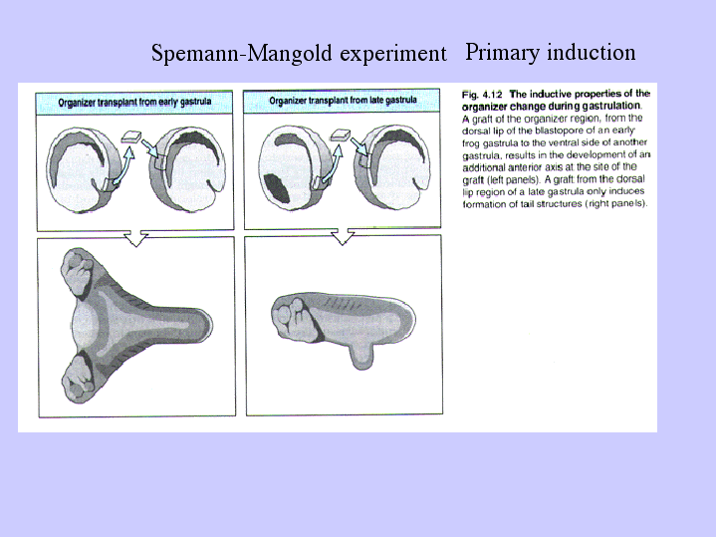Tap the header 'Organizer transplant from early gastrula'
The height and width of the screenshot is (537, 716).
pyautogui.click(x=134, y=102)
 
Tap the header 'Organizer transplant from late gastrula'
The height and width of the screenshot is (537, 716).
pyautogui.click(x=343, y=100)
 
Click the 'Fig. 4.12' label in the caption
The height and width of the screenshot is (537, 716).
pyautogui.click(x=482, y=95)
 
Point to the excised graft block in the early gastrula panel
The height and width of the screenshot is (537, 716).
pyautogui.click(x=131, y=136)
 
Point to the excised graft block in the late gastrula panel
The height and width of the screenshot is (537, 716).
pyautogui.click(x=341, y=134)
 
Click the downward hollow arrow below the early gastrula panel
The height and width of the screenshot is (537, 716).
pyautogui.click(x=136, y=238)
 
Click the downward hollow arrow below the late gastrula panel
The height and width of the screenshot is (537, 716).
pyautogui.click(x=343, y=236)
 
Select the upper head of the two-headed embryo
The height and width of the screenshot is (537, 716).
pyautogui.click(x=79, y=270)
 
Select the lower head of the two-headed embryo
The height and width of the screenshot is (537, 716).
pyautogui.click(x=78, y=381)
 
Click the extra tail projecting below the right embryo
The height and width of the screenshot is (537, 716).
pyautogui.click(x=361, y=356)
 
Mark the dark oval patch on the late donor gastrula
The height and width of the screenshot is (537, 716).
pyautogui.click(x=277, y=188)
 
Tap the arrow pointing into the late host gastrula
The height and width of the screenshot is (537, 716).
pyautogui.click(x=359, y=146)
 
